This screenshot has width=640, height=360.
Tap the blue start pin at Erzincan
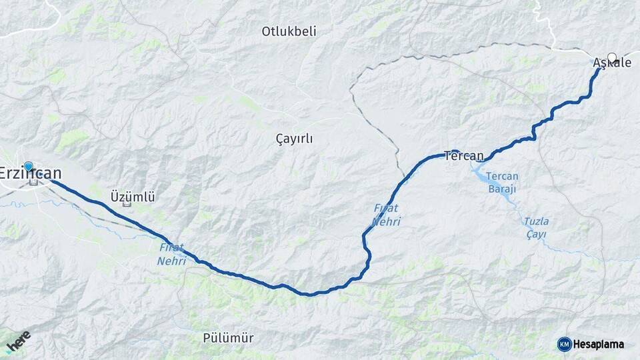(28, 166)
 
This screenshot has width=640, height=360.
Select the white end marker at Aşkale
(612, 57)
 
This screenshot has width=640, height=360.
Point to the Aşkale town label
(612, 63)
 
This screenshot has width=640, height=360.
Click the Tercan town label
(464, 156)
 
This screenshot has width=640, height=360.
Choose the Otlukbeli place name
(289, 31)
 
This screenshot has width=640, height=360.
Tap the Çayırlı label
(294, 139)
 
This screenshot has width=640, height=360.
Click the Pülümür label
(228, 338)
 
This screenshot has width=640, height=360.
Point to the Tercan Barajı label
(501, 183)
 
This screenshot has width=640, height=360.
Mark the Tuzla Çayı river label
(535, 227)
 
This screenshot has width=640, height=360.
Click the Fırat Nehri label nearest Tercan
(386, 215)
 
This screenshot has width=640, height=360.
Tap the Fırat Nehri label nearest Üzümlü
(172, 253)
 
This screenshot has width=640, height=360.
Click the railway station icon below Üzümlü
(127, 203)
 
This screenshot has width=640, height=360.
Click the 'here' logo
(19, 341)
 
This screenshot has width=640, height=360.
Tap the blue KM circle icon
(564, 344)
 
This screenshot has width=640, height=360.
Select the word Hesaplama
(599, 344)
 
